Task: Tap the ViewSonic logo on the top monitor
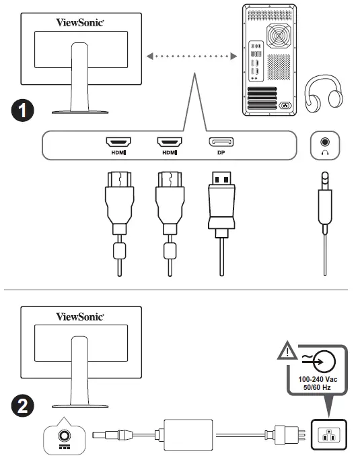click(79, 22)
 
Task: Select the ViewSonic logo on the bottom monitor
click(79, 315)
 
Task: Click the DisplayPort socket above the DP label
click(221, 142)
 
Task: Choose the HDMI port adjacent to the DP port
click(168, 142)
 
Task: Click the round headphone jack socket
click(326, 142)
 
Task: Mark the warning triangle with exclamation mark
click(287, 350)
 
